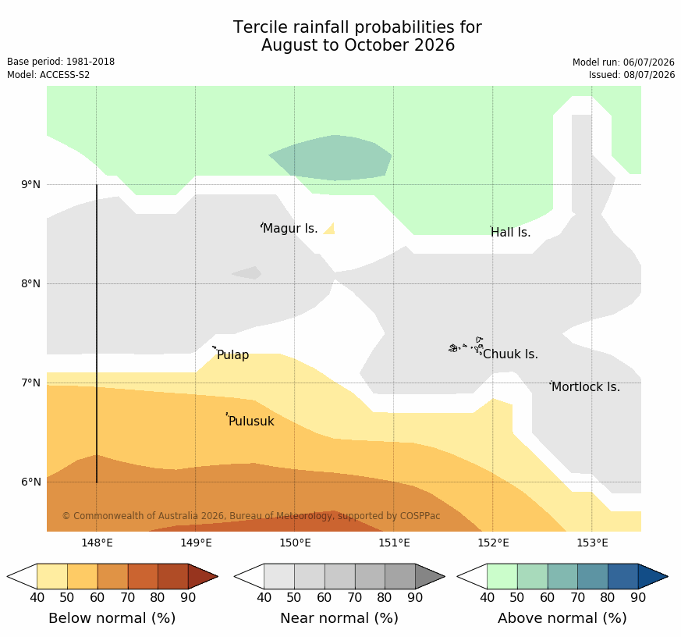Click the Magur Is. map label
(290, 228)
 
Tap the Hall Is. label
(510, 233)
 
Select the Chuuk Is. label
(510, 354)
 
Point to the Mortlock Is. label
(586, 386)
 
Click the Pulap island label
(232, 355)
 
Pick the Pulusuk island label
(251, 421)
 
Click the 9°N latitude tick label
(30, 185)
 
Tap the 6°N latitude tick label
(30, 482)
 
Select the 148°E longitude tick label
(97, 543)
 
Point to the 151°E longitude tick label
(394, 543)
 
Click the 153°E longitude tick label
(592, 543)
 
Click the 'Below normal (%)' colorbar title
(112, 618)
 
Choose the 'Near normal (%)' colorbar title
(339, 618)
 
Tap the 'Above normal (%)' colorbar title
(562, 618)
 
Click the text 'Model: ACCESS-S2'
(48, 75)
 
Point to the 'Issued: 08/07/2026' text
(632, 75)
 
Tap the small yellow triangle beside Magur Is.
(330, 229)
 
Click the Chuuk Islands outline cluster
(466, 346)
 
